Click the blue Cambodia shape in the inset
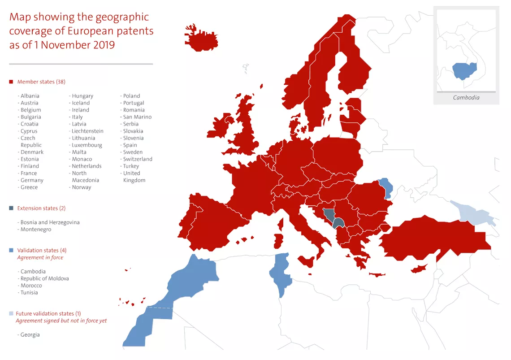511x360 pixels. tap(464, 70)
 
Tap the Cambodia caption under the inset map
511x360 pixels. tap(466, 98)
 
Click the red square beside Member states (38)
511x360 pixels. tap(11, 82)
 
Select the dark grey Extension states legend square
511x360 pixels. tap(11, 208)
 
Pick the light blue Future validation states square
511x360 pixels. tap(11, 314)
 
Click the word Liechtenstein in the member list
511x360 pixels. tap(87, 131)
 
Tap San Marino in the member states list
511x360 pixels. tap(137, 117)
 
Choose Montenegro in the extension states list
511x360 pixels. tap(36, 230)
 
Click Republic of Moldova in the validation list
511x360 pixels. tap(45, 278)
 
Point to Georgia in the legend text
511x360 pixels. tap(30, 335)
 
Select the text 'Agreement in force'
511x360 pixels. tap(40, 258)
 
